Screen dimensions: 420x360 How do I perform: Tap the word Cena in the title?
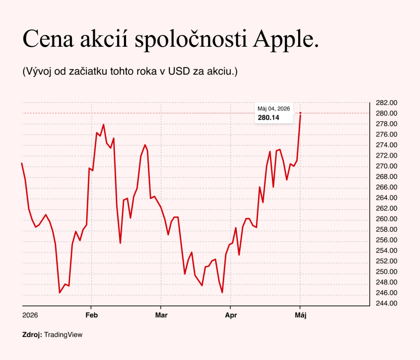point(48,39)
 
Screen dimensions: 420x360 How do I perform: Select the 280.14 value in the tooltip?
point(268,118)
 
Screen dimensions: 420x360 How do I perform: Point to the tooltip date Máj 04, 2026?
point(274,109)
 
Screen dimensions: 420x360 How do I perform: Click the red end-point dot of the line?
point(300,113)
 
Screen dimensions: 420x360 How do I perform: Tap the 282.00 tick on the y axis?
point(386,103)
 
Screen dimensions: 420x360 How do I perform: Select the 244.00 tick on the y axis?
point(386,303)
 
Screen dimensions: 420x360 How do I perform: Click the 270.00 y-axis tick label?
point(386,166)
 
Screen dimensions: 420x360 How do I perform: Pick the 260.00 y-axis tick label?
point(386,219)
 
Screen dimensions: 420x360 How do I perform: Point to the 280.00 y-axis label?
point(386,113)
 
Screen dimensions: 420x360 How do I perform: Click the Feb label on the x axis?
point(91,315)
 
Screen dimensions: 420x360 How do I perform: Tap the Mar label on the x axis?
point(161,315)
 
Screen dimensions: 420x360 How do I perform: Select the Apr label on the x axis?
point(231,315)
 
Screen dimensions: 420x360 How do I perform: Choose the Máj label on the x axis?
point(301,315)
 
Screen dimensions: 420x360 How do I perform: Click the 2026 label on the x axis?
point(30,315)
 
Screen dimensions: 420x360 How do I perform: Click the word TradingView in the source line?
point(63,335)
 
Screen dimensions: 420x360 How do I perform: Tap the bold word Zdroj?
point(32,335)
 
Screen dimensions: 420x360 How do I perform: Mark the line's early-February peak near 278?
point(103,125)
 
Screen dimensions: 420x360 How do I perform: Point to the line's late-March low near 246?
point(222,292)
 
